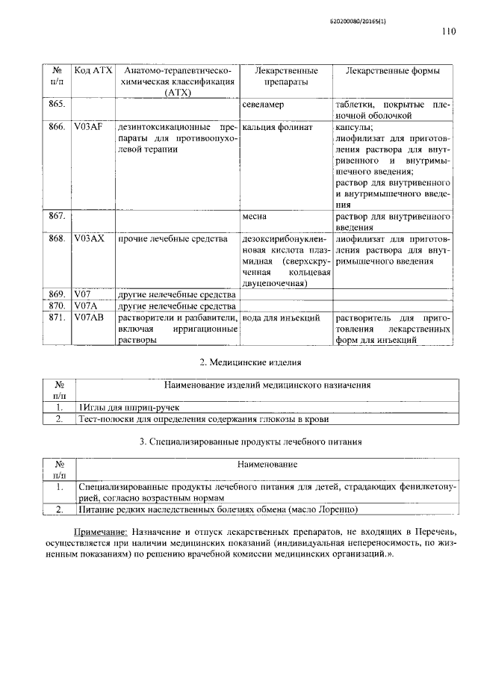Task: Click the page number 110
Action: [447, 31]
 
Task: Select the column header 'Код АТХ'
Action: [93, 70]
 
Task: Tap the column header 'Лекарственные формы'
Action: [392, 70]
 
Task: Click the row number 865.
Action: [57, 105]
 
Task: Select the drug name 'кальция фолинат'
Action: [272, 128]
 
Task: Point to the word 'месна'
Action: [254, 217]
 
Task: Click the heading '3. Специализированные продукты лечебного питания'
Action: [251, 442]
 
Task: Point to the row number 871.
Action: [57, 317]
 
